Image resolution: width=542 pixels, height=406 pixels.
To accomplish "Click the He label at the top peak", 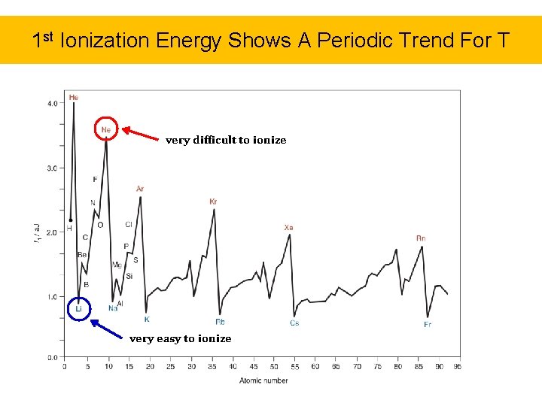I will [x=73, y=97].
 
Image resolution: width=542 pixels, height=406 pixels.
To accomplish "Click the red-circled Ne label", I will [x=106, y=130].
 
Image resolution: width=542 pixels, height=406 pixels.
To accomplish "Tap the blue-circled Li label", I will [x=78, y=309].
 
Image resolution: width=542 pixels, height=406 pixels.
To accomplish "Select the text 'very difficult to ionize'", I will [x=226, y=140].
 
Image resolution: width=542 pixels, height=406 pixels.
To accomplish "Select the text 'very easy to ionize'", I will [x=181, y=339].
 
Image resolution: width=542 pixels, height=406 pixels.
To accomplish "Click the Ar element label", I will [x=140, y=189].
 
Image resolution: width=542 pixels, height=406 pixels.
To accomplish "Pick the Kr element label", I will [x=213, y=201].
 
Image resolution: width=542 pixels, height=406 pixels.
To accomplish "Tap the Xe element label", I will [x=288, y=227].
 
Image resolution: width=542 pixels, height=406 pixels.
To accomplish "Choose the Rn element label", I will [x=421, y=238].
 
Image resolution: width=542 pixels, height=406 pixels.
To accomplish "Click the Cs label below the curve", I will [x=294, y=323].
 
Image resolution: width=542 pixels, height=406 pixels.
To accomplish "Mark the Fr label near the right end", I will [x=428, y=325].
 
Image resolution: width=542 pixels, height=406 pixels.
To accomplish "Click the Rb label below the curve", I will [x=220, y=322].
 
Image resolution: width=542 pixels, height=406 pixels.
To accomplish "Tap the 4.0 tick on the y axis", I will [x=52, y=103].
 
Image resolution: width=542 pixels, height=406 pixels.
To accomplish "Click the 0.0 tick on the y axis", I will [x=52, y=358].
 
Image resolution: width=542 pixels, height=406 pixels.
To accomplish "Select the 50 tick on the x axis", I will [x=274, y=367].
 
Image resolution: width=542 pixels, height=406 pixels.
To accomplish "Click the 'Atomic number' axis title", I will [x=263, y=380].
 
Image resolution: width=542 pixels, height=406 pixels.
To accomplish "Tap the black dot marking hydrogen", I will [x=70, y=220].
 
